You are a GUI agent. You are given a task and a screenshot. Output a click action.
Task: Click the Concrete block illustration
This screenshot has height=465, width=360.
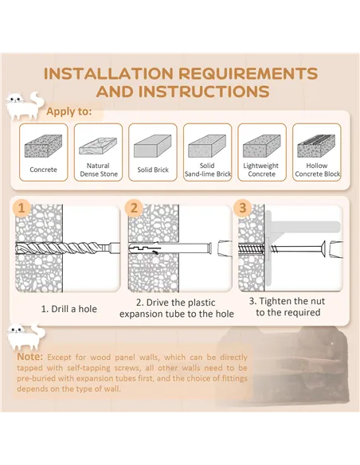43,146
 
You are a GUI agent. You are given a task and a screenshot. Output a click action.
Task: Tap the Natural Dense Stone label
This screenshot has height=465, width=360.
99,170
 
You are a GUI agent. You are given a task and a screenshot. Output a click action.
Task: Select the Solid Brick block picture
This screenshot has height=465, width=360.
152,146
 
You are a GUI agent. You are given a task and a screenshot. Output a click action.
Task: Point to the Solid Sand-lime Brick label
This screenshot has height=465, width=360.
207,170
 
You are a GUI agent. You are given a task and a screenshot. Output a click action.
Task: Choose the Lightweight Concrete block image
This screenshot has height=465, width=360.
261,146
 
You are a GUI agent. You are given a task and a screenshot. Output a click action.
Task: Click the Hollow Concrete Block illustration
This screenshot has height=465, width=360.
316,146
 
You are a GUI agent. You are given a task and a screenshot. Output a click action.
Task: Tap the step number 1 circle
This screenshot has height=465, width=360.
22,208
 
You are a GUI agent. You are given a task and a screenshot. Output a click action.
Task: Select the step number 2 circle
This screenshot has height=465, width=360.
134,208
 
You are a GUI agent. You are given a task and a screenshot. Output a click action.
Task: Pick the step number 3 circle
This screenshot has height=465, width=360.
243,208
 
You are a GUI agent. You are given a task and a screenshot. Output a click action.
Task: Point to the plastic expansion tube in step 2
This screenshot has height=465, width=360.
170,248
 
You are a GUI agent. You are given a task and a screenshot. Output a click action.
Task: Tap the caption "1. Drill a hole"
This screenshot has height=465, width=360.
68,309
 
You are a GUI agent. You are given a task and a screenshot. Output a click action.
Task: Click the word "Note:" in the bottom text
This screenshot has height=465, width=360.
30,357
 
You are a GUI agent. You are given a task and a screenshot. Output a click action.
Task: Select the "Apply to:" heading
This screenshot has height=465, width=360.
68,111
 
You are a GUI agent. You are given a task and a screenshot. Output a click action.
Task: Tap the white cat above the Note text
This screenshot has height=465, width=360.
26,336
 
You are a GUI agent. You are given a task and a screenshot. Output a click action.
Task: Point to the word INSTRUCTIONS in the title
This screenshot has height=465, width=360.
204,92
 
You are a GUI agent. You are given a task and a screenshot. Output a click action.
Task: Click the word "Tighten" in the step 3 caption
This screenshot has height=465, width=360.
276,301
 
